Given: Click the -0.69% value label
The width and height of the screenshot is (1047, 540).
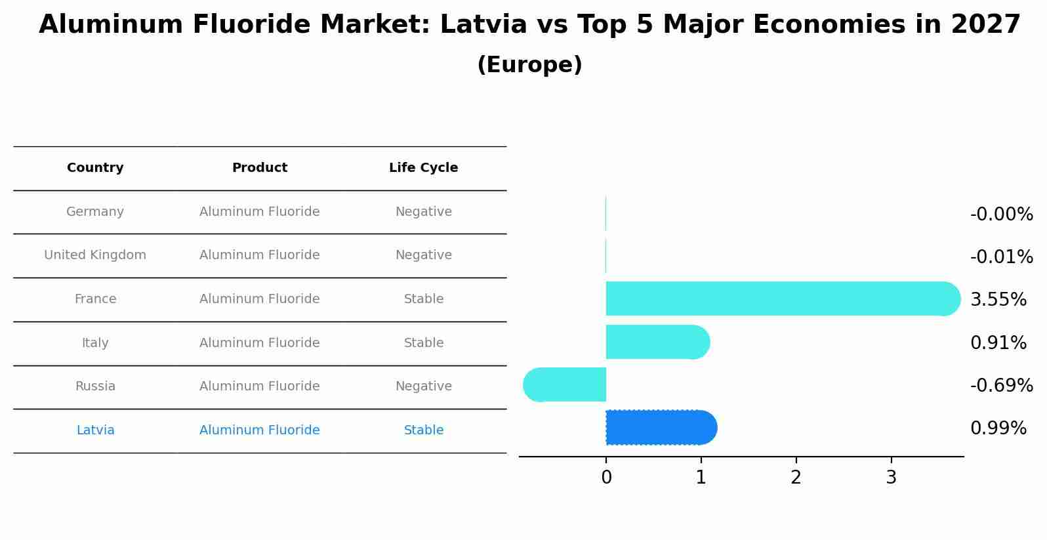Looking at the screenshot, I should [x=1001, y=385].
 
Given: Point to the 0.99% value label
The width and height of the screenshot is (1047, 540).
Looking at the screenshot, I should [x=998, y=428].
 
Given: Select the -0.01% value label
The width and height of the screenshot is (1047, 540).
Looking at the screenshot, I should [x=1001, y=257].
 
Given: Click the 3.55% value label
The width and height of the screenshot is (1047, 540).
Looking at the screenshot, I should [x=998, y=299].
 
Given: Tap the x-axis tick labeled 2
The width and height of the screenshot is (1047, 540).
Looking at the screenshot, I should [x=796, y=478].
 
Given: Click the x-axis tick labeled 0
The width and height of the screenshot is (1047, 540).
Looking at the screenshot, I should [x=606, y=478].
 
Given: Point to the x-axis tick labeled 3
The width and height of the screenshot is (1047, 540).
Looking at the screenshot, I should [x=891, y=478].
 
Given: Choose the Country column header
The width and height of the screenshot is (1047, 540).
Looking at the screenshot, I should [x=95, y=168].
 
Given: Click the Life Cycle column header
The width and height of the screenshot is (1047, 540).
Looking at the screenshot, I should [x=423, y=168].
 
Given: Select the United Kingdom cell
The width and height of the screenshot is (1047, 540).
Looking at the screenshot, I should [x=95, y=255].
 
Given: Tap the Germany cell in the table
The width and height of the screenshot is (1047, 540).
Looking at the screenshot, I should [x=95, y=212].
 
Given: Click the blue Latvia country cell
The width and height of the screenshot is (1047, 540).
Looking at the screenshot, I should [x=95, y=430].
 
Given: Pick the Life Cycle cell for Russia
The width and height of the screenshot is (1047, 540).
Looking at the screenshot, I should [x=423, y=386].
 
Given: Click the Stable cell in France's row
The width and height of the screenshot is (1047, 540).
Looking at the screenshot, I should [x=423, y=299].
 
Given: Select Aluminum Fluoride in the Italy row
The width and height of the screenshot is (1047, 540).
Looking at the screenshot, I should [x=259, y=343].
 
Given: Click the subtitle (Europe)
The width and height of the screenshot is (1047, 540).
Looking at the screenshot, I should [x=529, y=65].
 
